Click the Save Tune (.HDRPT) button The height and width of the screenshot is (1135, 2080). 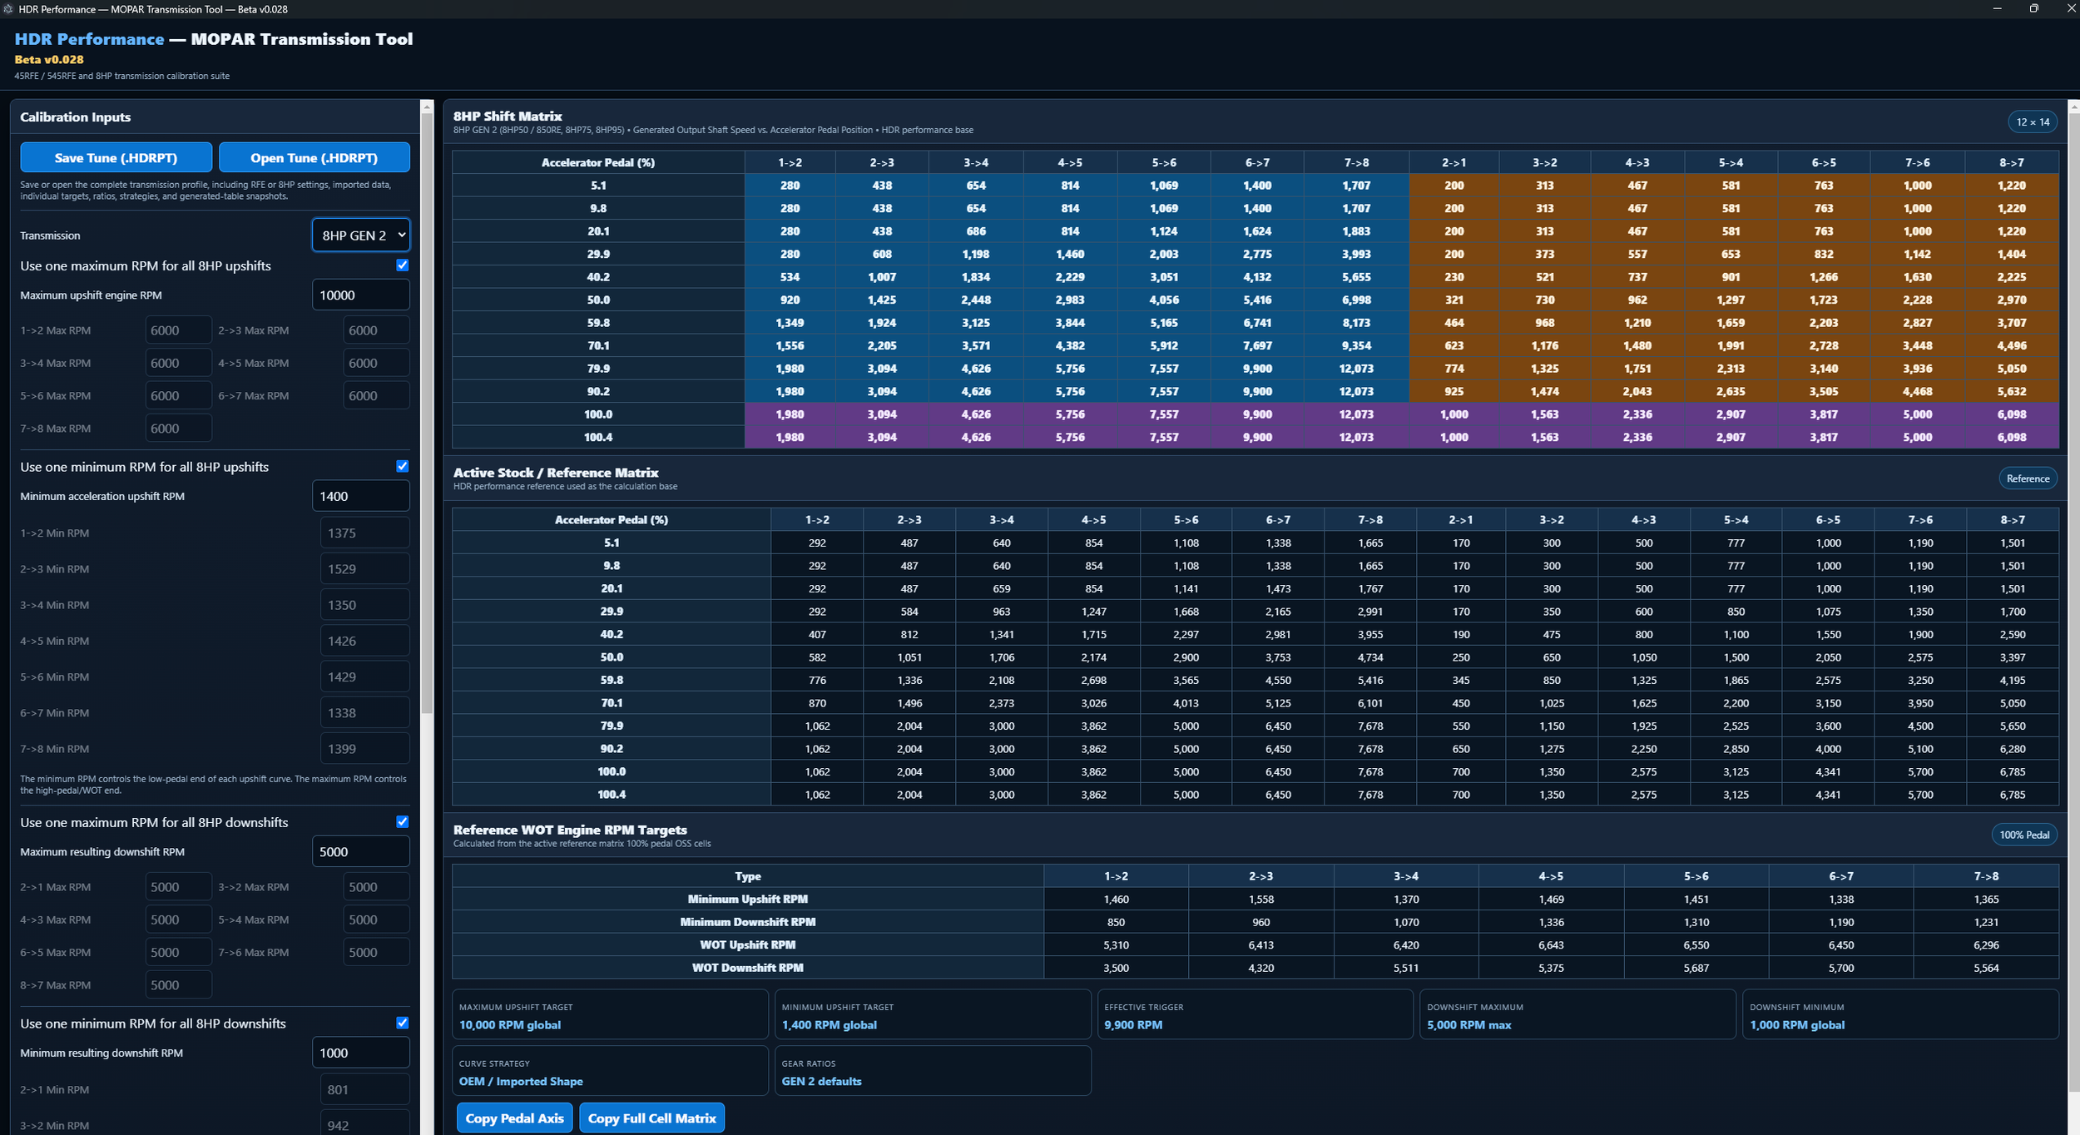[x=116, y=157]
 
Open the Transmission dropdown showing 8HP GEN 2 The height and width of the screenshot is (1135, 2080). [x=360, y=235]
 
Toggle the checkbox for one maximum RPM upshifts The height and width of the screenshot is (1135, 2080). [x=403, y=265]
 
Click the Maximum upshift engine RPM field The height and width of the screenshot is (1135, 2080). [x=360, y=295]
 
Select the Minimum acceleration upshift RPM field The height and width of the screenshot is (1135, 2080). [x=360, y=496]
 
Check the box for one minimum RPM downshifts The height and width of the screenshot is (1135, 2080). [x=403, y=1023]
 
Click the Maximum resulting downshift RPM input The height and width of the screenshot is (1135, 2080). [x=360, y=852]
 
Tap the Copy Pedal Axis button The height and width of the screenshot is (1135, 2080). [x=514, y=1118]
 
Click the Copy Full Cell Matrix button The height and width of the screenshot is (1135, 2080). [x=651, y=1118]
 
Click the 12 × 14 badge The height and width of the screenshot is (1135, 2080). [x=2033, y=122]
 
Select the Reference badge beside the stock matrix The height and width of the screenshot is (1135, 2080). [x=2028, y=478]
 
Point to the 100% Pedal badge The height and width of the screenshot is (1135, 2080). [x=2024, y=835]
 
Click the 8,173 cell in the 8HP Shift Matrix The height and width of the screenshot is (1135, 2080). [x=1356, y=323]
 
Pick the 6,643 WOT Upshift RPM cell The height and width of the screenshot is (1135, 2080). [x=1551, y=945]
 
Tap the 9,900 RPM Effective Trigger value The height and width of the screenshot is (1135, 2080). [x=1133, y=1025]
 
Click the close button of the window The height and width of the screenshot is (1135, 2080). [x=2071, y=8]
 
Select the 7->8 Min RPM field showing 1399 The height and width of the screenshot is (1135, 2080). [x=364, y=749]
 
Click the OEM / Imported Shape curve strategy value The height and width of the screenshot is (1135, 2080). [x=521, y=1082]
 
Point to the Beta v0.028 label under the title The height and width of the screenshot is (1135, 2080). [x=49, y=60]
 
